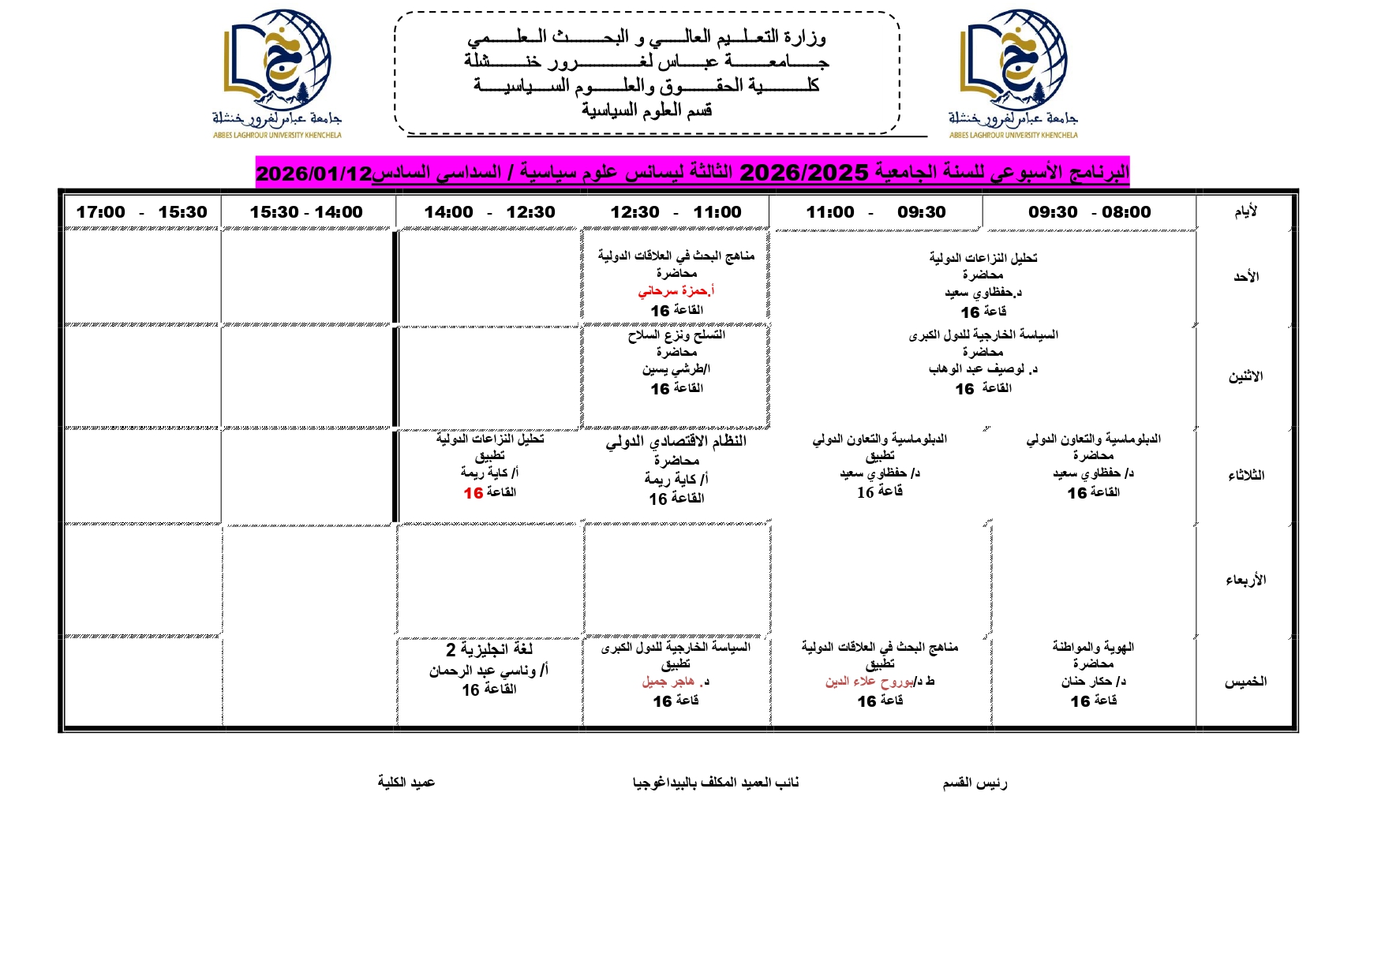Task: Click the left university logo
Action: (277, 73)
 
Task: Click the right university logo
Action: (1013, 73)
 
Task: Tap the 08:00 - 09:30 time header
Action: (1089, 212)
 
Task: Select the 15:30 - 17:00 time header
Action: (141, 212)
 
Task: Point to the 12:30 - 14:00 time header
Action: (489, 212)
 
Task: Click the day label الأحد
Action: (1246, 277)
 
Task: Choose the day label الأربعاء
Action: (1245, 580)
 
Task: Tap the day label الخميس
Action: (1245, 682)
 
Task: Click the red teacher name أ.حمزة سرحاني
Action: (676, 291)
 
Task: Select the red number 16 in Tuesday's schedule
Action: (474, 493)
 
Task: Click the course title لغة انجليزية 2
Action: (489, 649)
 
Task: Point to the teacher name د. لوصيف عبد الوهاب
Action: (983, 369)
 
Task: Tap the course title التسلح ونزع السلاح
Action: (676, 335)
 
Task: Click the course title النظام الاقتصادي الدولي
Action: (676, 441)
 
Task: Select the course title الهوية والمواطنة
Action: (1093, 647)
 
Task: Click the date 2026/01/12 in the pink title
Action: (313, 174)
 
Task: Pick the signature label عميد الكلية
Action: (406, 782)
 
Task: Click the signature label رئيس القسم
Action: (975, 783)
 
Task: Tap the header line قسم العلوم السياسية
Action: (647, 110)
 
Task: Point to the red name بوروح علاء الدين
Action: (870, 682)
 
